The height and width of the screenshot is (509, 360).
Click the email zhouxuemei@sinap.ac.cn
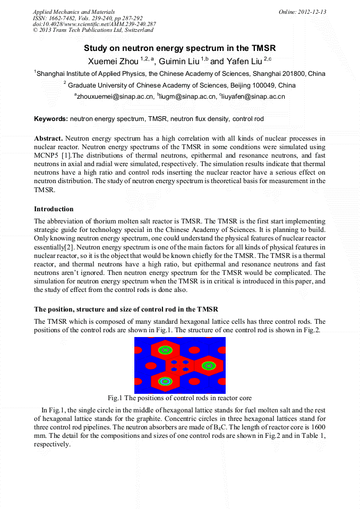point(113,97)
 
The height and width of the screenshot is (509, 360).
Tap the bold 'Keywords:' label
point(51,119)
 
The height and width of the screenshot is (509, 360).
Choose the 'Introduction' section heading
point(54,209)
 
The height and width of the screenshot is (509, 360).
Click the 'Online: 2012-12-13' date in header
point(302,12)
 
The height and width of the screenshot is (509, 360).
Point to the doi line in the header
point(95,24)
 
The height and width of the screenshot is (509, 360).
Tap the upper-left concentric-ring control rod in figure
point(165,350)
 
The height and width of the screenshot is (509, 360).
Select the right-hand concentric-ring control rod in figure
point(209,365)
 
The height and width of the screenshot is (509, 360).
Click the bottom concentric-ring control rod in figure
point(165,381)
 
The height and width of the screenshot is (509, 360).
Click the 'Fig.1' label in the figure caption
point(115,398)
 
